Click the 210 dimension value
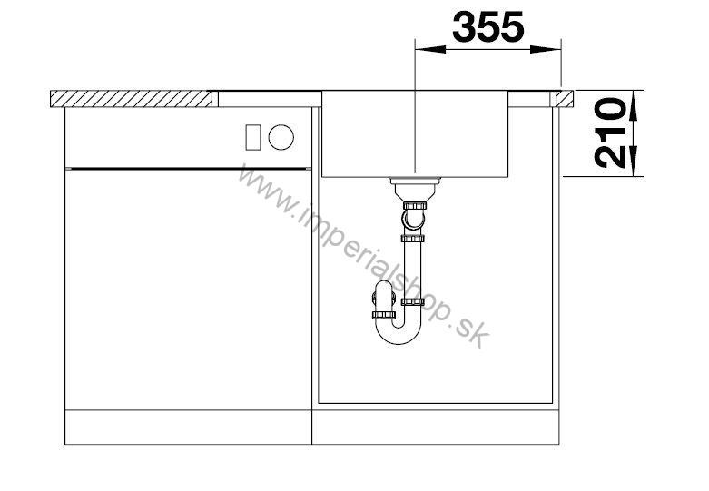coord(615,133)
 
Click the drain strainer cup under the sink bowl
coord(413,187)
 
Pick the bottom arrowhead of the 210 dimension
coord(634,167)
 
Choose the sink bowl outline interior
coord(413,136)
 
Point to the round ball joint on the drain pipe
coord(413,219)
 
